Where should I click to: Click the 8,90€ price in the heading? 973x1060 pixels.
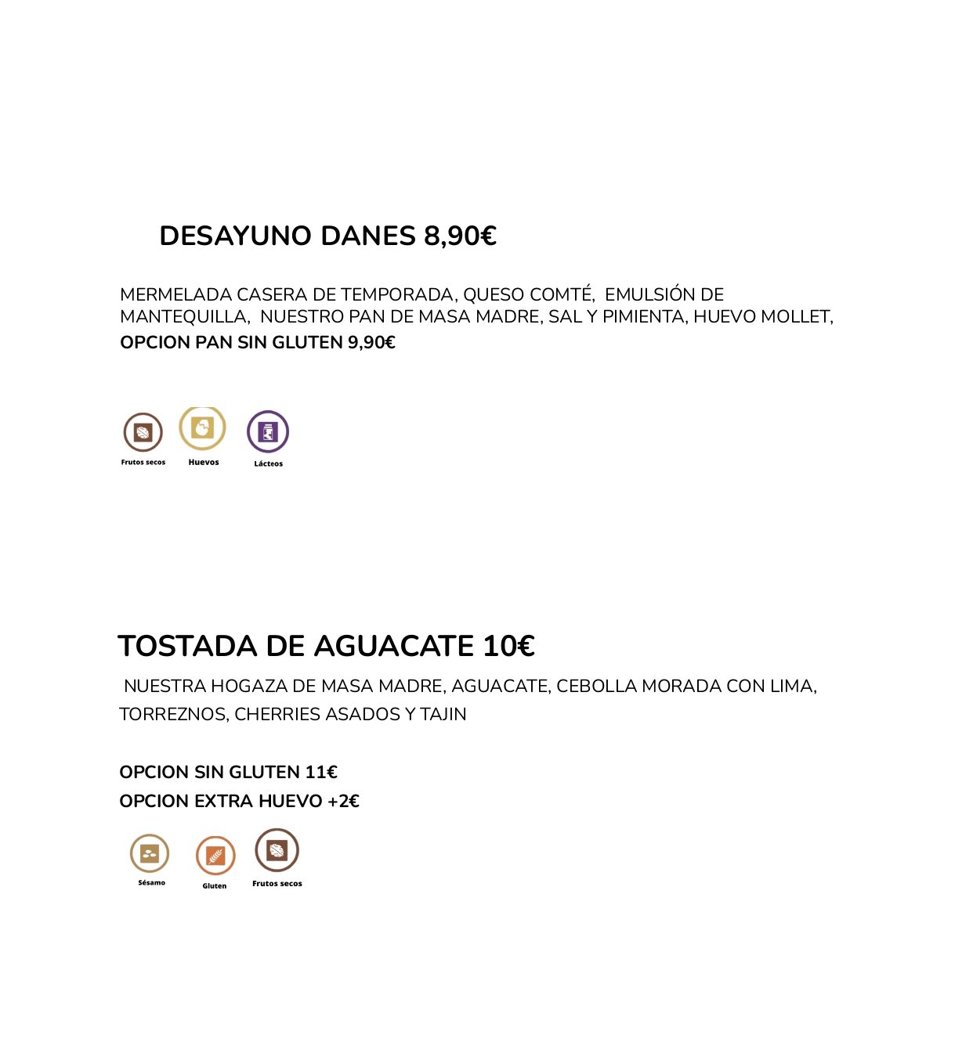pyautogui.click(x=460, y=236)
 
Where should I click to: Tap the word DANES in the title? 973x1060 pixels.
pyautogui.click(x=368, y=236)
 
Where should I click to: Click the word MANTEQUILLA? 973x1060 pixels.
pyautogui.click(x=184, y=317)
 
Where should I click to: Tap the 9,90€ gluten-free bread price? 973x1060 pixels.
pyautogui.click(x=371, y=343)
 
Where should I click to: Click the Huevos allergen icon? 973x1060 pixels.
pyautogui.click(x=203, y=428)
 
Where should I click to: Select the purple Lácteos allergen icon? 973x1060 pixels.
pyautogui.click(x=268, y=431)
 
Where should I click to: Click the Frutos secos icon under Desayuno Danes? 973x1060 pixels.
pyautogui.click(x=143, y=432)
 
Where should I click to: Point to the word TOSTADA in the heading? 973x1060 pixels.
pyautogui.click(x=187, y=647)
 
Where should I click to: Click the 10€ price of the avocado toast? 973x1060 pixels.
pyautogui.click(x=508, y=647)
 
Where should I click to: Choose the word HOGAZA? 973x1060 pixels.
pyautogui.click(x=248, y=687)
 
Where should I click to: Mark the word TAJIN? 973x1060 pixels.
pyautogui.click(x=443, y=715)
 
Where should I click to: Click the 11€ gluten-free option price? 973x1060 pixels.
pyautogui.click(x=321, y=773)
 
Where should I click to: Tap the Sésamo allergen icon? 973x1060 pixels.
pyautogui.click(x=150, y=853)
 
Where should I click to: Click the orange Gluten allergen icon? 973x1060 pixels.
pyautogui.click(x=215, y=856)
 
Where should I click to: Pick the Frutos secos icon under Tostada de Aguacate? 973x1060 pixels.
pyautogui.click(x=277, y=850)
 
